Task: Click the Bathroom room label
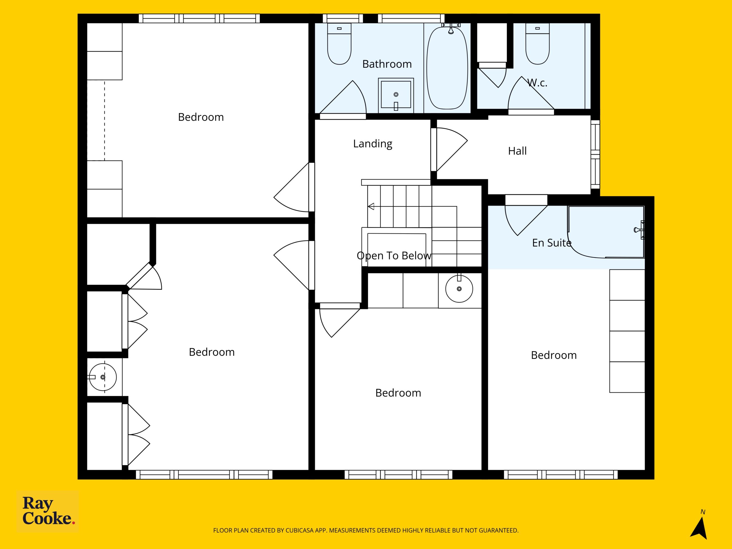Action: tap(387, 64)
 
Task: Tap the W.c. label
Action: tap(537, 83)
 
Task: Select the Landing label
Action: tap(373, 144)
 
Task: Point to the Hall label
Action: tap(517, 151)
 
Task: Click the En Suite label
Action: tap(552, 243)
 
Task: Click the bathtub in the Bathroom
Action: tap(447, 68)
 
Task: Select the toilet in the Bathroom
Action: tap(339, 44)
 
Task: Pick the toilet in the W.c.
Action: tap(537, 44)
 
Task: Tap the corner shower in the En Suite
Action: tap(606, 232)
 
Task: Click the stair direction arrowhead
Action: tap(371, 206)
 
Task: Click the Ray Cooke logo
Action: tap(48, 511)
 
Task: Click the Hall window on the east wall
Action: tap(595, 154)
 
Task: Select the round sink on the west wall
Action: tap(103, 377)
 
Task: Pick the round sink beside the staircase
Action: tap(459, 289)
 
